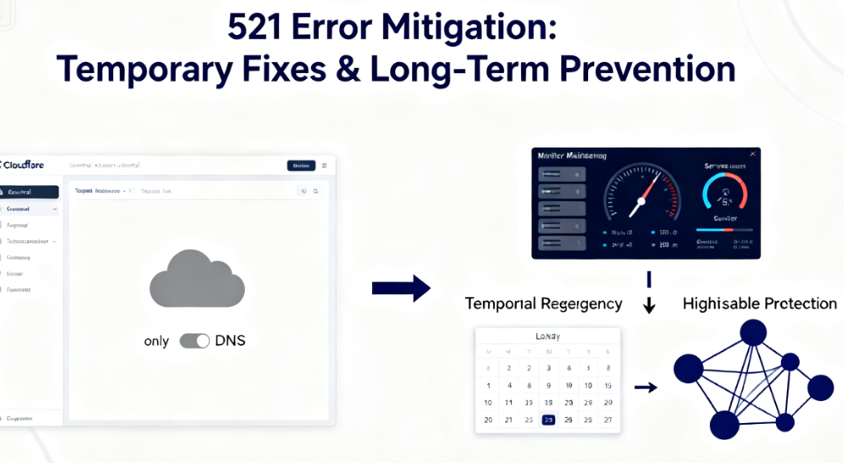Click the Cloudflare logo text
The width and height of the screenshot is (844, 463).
(23, 165)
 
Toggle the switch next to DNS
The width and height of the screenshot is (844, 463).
(195, 341)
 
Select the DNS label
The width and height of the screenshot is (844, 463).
(230, 341)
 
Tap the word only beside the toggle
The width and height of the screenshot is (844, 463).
(156, 341)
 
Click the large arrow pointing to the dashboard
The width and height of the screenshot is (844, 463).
(401, 288)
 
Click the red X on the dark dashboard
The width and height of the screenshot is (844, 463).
(751, 154)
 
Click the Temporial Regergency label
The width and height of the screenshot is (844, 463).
(543, 303)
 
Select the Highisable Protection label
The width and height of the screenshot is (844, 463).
(759, 303)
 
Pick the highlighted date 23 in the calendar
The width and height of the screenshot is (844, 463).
(548, 420)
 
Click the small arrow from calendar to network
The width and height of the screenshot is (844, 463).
(646, 387)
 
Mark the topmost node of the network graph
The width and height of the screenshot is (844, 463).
(752, 331)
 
